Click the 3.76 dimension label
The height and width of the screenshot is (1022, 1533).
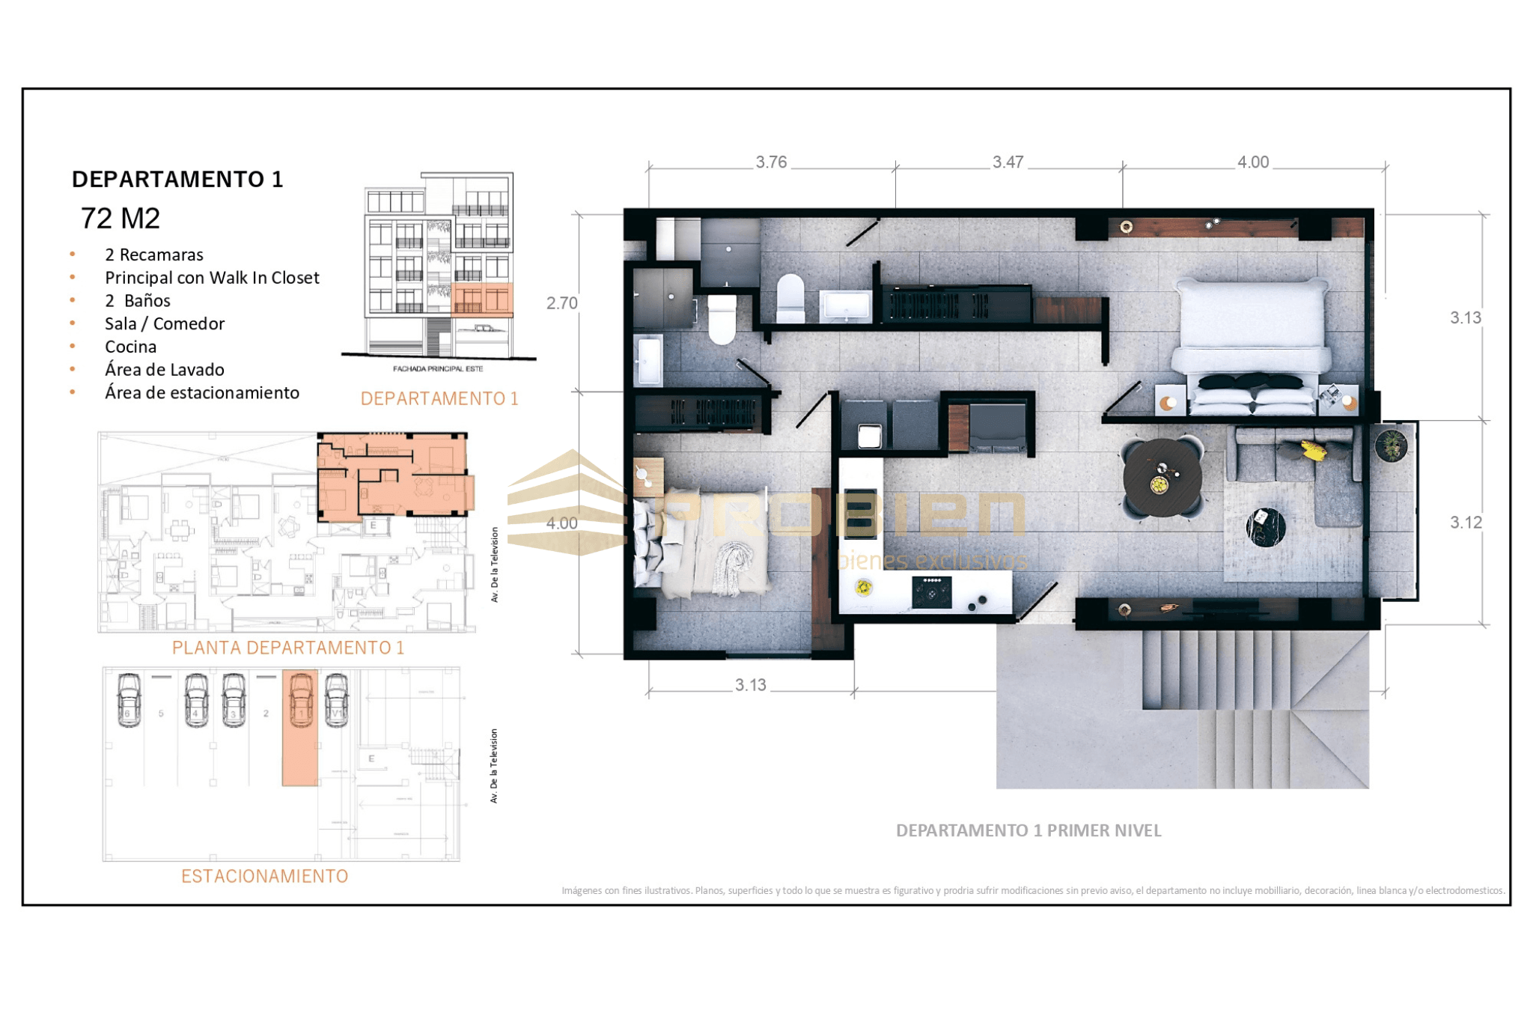(771, 162)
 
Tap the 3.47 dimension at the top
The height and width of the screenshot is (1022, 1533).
(1008, 162)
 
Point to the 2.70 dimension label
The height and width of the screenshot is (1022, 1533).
(561, 303)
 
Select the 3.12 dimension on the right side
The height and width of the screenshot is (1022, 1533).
(1466, 523)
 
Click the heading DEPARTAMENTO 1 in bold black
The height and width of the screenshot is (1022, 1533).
(177, 180)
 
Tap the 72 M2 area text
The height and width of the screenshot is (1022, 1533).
(121, 219)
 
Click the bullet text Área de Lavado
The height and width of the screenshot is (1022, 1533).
(165, 370)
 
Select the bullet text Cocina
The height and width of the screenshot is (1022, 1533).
(131, 347)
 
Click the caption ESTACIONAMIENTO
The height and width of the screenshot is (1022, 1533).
(264, 876)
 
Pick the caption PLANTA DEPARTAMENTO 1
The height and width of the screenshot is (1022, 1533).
(288, 648)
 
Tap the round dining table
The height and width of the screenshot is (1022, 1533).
(1162, 478)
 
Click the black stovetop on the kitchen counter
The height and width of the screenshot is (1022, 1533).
(932, 591)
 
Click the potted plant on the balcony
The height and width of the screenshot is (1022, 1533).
(1391, 445)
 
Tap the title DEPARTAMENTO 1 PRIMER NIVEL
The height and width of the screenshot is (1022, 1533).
(1028, 830)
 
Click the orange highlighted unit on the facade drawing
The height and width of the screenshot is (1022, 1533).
(482, 299)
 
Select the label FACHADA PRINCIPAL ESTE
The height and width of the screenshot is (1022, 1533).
(438, 368)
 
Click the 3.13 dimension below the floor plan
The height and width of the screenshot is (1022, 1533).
(750, 685)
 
